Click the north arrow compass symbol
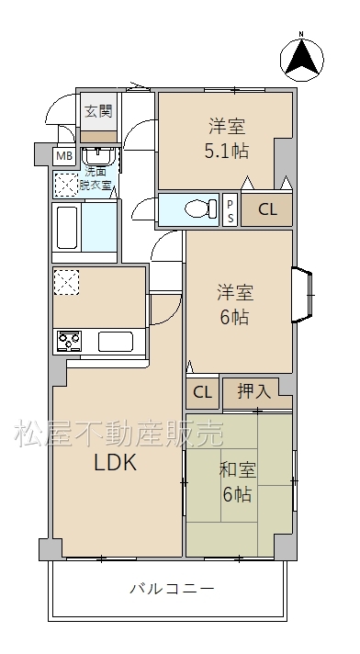coord(301,59)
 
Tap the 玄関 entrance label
coord(98,111)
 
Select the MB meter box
coord(64,156)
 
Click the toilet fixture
coord(201,209)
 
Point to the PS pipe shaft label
coord(231,210)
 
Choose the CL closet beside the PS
coord(267,209)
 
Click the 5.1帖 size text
coord(227,152)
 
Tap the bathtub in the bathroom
coord(67,228)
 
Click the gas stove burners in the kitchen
coord(69,342)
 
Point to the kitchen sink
coord(116,342)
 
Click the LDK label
coord(116,462)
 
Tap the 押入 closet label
coord(254,391)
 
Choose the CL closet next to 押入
coord(202,392)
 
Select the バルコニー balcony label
coord(173,589)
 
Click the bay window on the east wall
coord(302,295)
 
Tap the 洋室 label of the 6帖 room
coord(235,293)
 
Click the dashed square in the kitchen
coord(66,282)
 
